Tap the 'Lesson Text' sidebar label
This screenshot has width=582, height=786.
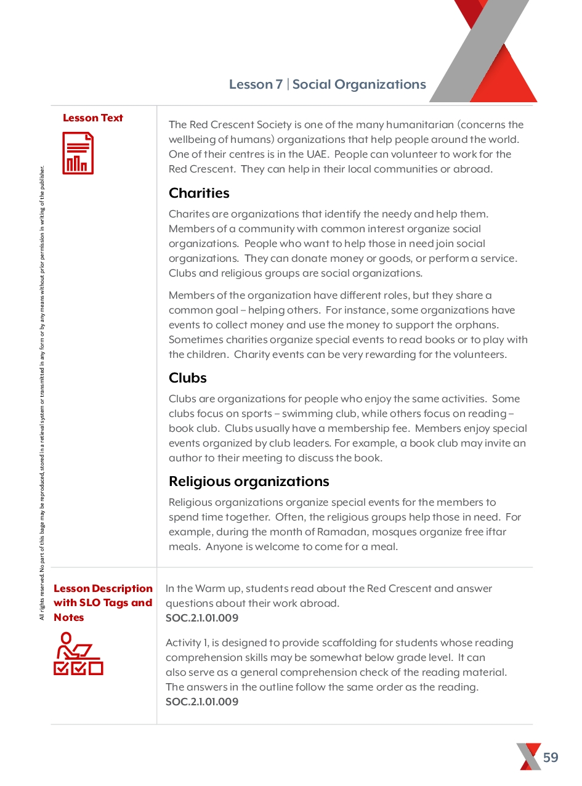(93, 118)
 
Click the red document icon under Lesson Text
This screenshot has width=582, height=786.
(78, 153)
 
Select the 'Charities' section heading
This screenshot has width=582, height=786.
(199, 193)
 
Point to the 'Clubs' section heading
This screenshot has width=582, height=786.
(188, 378)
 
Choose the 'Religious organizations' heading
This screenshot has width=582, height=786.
(249, 481)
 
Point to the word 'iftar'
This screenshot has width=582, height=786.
(494, 532)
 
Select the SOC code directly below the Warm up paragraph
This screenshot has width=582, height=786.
(202, 618)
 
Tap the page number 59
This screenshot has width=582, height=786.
(551, 757)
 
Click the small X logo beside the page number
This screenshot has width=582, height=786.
(529, 756)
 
